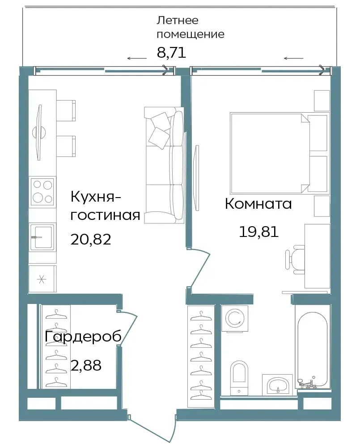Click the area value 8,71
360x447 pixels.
pos(171,52)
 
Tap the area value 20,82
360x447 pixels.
pos(90,240)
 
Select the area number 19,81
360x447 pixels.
pos(258,232)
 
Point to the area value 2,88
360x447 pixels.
pos(86,365)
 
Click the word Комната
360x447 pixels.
pos(258,204)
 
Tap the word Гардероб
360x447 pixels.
pos(83,337)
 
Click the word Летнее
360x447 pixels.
pos(178,20)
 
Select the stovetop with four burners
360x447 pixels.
pos(42,191)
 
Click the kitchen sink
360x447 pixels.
pos(42,237)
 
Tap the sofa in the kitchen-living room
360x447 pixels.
pos(164,165)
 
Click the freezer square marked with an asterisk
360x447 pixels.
pos(42,279)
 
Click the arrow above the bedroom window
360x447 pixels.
pos(293,59)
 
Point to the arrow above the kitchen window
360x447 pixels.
pos(137,59)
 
